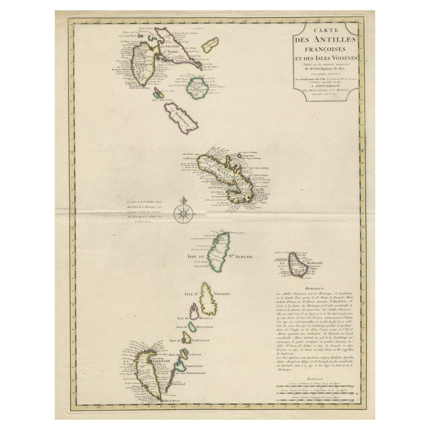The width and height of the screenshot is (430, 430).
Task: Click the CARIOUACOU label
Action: tap(197, 365)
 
